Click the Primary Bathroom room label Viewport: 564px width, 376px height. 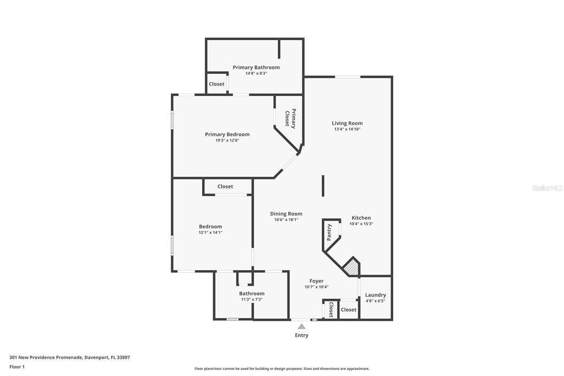[256, 67]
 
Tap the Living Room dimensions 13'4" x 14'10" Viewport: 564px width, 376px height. [347, 130]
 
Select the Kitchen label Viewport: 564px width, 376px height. [361, 218]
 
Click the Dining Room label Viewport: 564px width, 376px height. [286, 214]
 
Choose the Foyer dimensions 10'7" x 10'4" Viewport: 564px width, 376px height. [316, 287]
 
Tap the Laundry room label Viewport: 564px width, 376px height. [376, 295]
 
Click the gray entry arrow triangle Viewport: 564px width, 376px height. [301, 326]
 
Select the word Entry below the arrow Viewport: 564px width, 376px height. [301, 335]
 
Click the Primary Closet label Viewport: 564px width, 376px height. [290, 118]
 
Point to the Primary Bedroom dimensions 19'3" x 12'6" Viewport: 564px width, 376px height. [227, 141]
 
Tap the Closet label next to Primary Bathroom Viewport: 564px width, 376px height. [216, 84]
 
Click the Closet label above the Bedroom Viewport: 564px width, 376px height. [225, 186]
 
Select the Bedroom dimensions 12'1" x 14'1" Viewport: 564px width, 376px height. [210, 233]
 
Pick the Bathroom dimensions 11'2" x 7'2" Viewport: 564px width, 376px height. [251, 299]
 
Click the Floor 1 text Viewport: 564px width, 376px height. [17, 367]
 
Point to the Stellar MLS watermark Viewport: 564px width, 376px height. [547, 188]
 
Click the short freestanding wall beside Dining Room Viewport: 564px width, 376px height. [323, 185]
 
